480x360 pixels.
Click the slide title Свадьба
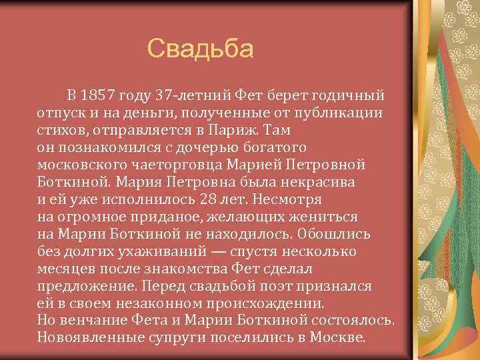(x=201, y=48)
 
